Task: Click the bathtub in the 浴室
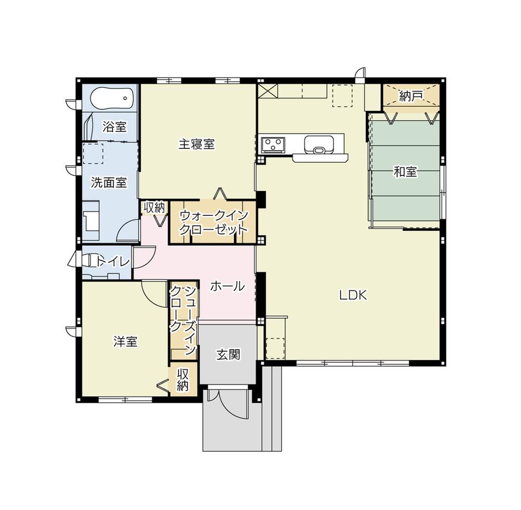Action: click(111, 98)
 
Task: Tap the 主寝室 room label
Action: click(196, 144)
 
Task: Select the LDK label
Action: click(353, 295)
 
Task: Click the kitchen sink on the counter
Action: click(319, 145)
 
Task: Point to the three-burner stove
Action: click(273, 144)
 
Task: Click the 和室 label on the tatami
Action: click(405, 172)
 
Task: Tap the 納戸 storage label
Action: click(411, 96)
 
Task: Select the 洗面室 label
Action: click(109, 183)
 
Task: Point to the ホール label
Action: click(228, 286)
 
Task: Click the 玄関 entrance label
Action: click(228, 355)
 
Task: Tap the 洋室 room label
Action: click(125, 341)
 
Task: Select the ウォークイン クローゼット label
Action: click(214, 223)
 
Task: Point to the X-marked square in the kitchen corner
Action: click(267, 91)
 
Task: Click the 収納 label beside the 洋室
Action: click(183, 379)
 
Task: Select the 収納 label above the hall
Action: click(154, 208)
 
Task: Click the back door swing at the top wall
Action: click(359, 74)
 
